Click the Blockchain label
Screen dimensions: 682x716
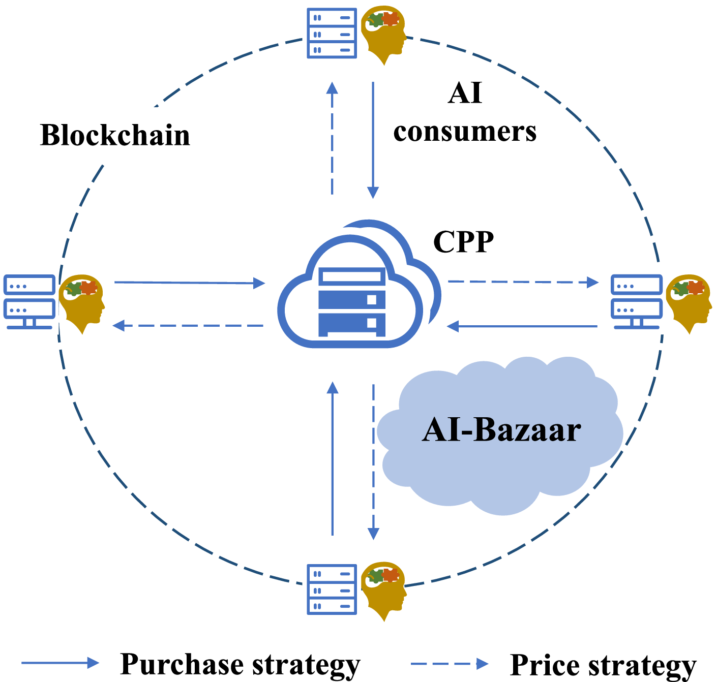tap(115, 136)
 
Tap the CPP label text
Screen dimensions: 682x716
tap(463, 242)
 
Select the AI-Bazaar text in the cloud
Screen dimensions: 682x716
tap(501, 430)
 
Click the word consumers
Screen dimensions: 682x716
tap(465, 132)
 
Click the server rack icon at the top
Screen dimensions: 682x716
tap(332, 34)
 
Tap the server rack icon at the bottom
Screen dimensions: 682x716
tap(332, 590)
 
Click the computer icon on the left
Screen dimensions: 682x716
tap(29, 302)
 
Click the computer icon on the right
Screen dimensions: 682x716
tap(637, 302)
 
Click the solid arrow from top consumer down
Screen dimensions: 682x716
tap(373, 140)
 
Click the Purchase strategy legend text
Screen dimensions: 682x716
tap(240, 664)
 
